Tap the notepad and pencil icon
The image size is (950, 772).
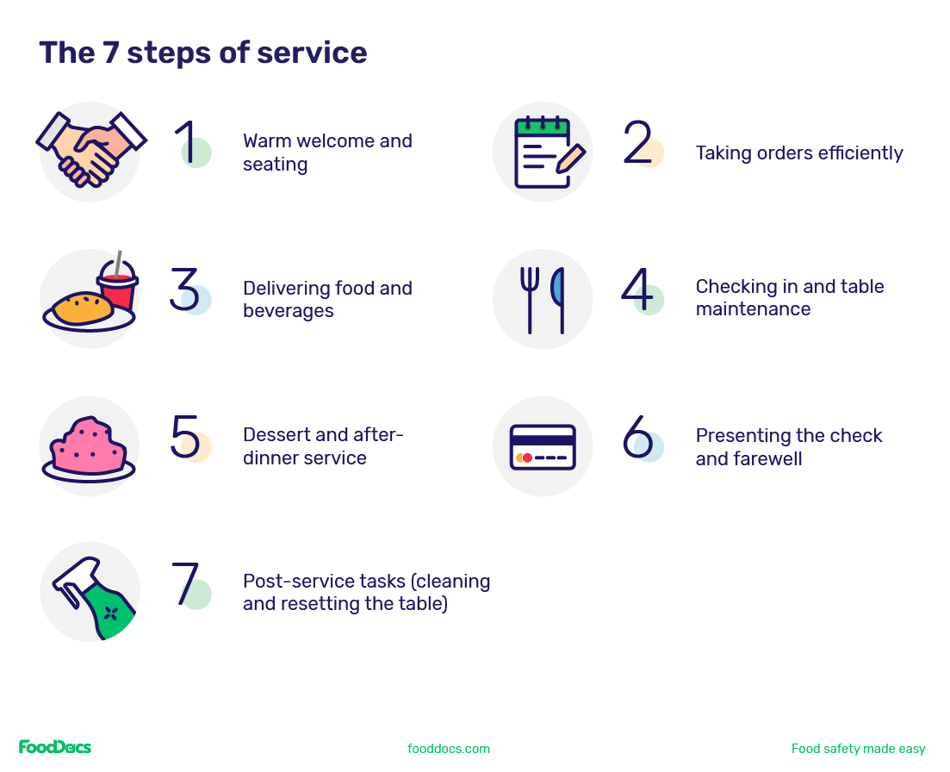[x=546, y=153]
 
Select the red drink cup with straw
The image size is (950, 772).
[x=118, y=285]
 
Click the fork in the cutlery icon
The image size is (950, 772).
[x=530, y=298]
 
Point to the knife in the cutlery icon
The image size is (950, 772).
[x=559, y=298]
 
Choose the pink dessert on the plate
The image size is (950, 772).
[x=89, y=446]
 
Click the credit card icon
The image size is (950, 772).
[x=543, y=446]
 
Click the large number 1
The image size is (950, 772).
[x=187, y=141]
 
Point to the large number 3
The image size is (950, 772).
[x=184, y=289]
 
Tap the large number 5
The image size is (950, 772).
[x=185, y=437]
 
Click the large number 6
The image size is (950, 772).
[x=637, y=437]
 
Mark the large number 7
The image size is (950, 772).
[x=185, y=583]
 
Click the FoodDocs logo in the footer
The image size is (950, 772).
[x=55, y=747]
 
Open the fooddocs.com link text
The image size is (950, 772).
[x=449, y=749]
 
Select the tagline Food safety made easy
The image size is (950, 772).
[x=858, y=749]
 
